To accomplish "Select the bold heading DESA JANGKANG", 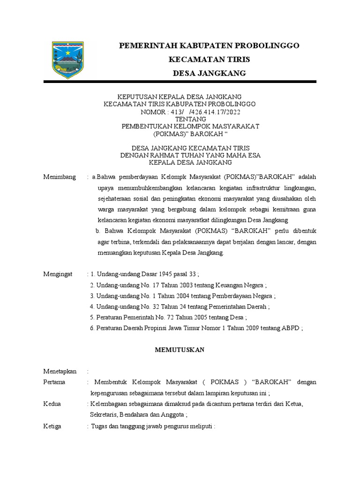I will (209, 74).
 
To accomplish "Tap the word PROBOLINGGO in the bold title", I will (266, 45).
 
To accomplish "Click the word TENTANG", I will (190, 119).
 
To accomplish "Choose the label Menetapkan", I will (60, 371).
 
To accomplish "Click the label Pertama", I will (54, 382).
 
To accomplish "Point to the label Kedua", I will (52, 404).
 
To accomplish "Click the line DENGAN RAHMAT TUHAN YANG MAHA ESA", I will (190, 155).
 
